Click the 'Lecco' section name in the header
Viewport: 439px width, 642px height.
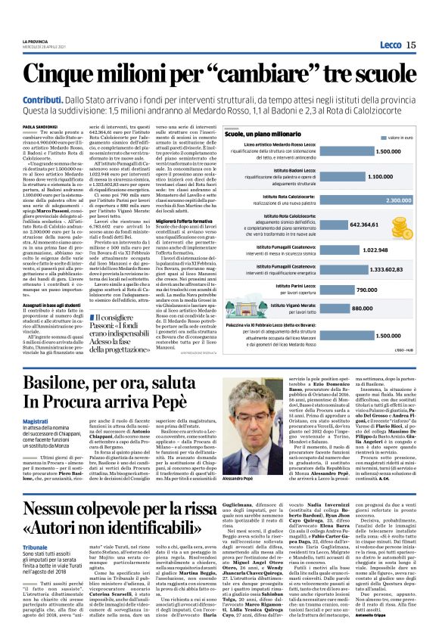[x=390, y=45]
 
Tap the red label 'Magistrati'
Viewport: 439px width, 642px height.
[x=36, y=421]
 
